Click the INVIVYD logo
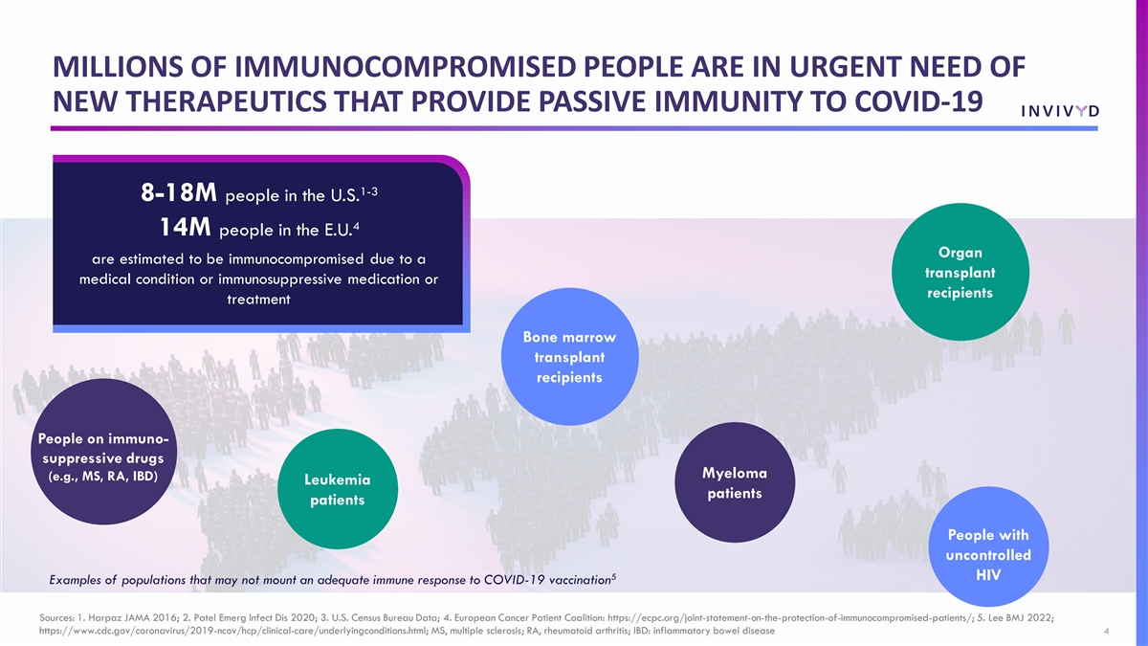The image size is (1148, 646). point(1060,111)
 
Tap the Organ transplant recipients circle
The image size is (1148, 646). point(960,272)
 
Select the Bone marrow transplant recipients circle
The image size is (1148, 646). point(569,356)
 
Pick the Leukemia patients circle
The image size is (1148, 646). point(337,489)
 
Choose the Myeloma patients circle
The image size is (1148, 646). point(735,482)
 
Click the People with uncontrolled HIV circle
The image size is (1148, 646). point(988,546)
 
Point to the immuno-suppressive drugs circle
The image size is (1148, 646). point(103,452)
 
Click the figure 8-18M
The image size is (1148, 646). point(179,193)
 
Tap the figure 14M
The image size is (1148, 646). point(185,227)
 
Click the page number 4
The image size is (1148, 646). point(1107,631)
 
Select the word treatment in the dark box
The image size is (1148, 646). point(258,300)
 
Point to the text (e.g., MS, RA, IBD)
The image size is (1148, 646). point(103,477)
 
